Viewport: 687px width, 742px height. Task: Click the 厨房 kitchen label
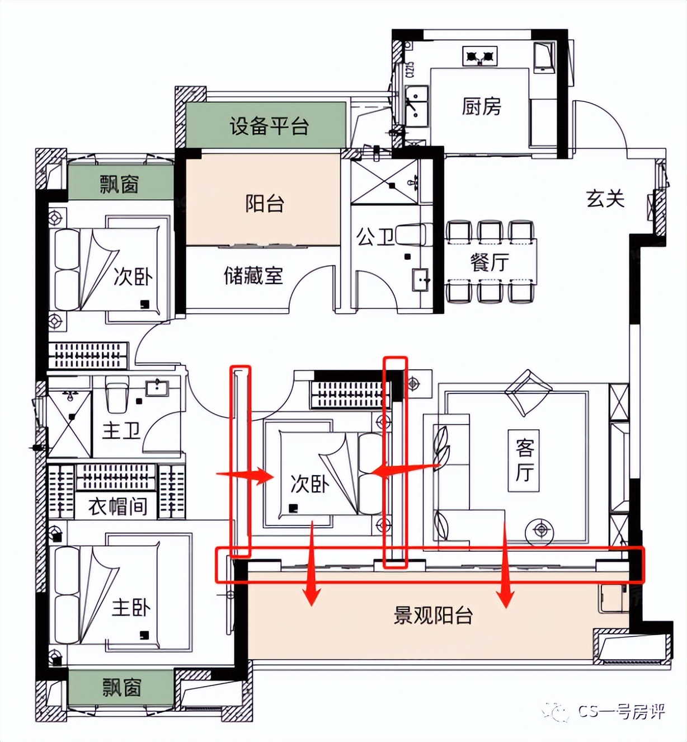point(481,106)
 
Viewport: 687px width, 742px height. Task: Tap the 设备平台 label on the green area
point(269,126)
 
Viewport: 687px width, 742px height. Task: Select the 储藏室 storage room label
point(253,276)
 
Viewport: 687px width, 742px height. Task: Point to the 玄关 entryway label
point(605,199)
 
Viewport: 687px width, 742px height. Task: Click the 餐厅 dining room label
point(490,262)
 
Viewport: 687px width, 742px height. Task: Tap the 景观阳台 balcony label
point(433,616)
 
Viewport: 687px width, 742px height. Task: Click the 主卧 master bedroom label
point(131,608)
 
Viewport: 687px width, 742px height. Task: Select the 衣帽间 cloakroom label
point(117,506)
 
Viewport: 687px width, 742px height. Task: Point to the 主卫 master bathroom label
point(121,431)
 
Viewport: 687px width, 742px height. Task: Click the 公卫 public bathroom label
point(375,237)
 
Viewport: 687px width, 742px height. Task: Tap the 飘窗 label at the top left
point(119,184)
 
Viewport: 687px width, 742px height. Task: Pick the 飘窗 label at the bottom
point(121,688)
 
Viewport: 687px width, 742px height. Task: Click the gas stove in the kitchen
point(480,56)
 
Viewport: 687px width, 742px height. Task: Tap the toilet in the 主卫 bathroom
point(117,395)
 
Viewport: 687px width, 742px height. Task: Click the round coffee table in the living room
point(540,528)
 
